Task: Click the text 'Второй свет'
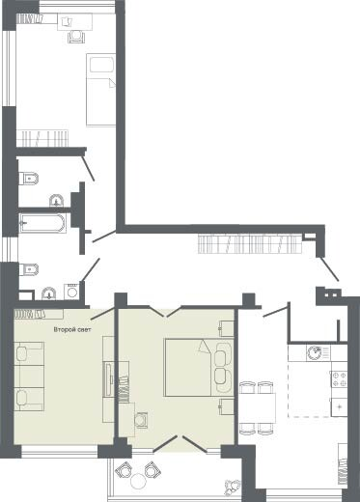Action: pyautogui.click(x=72, y=329)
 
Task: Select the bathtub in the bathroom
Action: pyautogui.click(x=42, y=223)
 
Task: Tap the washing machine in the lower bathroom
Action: pyautogui.click(x=71, y=292)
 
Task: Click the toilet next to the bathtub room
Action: pyautogui.click(x=29, y=179)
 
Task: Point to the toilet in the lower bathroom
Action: pyautogui.click(x=29, y=269)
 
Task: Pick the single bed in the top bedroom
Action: pyautogui.click(x=100, y=90)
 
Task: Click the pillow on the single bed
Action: pyautogui.click(x=101, y=65)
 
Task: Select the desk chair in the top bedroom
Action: pyautogui.click(x=76, y=36)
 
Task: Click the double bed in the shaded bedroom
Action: pyautogui.click(x=199, y=367)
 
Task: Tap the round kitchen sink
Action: pyautogui.click(x=314, y=353)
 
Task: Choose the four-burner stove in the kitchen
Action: pyautogui.click(x=339, y=378)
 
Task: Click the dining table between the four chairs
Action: pyautogui.click(x=258, y=407)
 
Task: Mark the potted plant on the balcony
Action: pyautogui.click(x=233, y=487)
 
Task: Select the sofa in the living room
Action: pyautogui.click(x=29, y=376)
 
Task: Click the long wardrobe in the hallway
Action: pyautogui.click(x=250, y=243)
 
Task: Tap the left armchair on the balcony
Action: pyautogui.click(x=124, y=470)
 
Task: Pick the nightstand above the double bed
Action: pyautogui.click(x=227, y=328)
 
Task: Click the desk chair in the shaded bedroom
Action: pyautogui.click(x=141, y=420)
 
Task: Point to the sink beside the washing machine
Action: pyautogui.click(x=49, y=293)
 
